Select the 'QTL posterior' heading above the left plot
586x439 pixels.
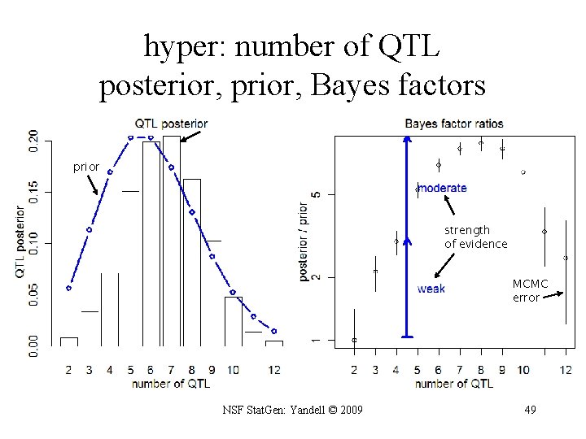[171, 124]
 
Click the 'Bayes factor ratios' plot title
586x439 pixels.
[454, 124]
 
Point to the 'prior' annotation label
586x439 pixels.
[86, 167]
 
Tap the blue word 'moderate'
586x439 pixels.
[443, 188]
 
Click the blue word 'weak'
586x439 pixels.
[431, 289]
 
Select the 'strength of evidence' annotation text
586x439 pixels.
[475, 237]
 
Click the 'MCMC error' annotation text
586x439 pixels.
[530, 291]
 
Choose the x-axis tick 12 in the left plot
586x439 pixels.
[273, 370]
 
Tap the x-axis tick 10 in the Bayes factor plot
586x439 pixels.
[523, 370]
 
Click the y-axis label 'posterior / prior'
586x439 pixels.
[304, 242]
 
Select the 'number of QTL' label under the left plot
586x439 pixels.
[171, 383]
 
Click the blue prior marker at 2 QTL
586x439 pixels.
[69, 288]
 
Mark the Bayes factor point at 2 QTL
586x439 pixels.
[354, 340]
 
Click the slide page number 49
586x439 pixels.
[530, 410]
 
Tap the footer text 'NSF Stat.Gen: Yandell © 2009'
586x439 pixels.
[292, 410]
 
